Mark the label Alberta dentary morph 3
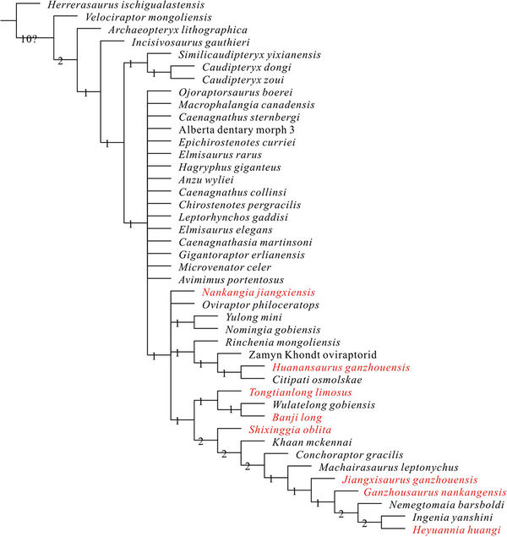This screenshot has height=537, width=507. (x=231, y=129)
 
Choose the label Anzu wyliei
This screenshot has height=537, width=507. (x=206, y=179)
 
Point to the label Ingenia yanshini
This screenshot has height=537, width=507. (x=450, y=517)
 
